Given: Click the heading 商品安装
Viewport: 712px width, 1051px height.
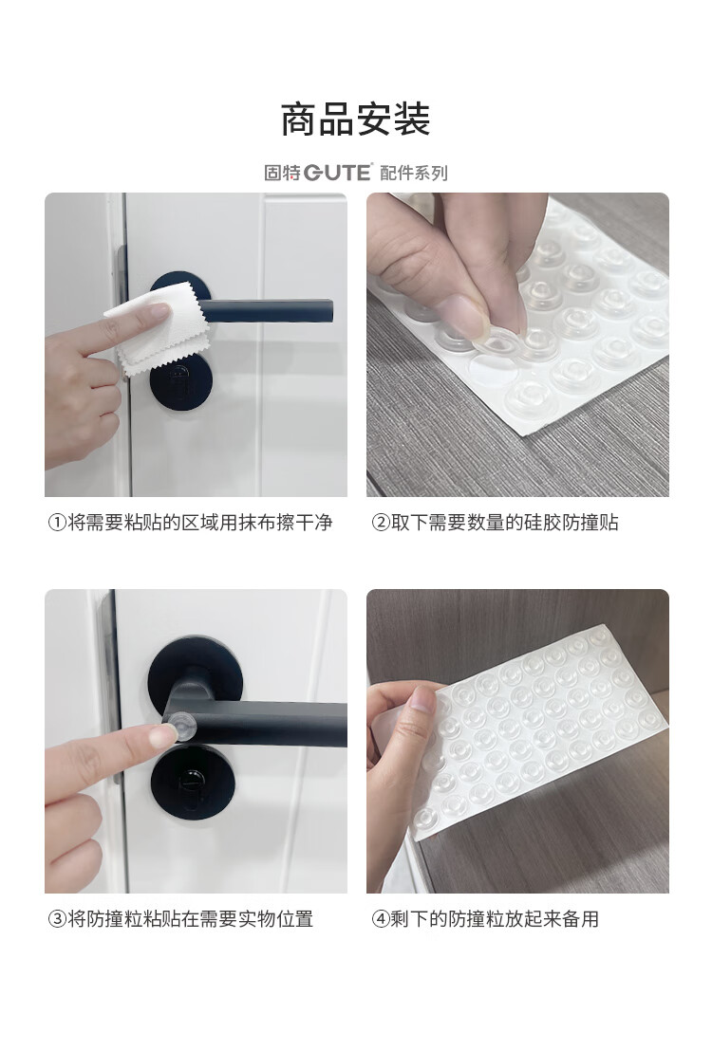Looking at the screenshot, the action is click(x=356, y=120).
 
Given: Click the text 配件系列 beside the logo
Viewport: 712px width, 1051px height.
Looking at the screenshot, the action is click(x=413, y=173).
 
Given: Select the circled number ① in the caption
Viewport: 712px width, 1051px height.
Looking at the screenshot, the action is click(x=58, y=523).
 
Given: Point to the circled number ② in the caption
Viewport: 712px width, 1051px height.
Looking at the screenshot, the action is click(x=381, y=523).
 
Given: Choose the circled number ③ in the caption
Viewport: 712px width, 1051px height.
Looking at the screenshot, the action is click(x=58, y=919).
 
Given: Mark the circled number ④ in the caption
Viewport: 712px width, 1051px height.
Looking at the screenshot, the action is click(x=381, y=919).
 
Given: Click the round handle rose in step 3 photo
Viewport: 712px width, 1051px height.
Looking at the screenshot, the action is click(x=195, y=675).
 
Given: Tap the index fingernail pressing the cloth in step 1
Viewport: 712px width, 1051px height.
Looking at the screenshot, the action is click(x=159, y=312).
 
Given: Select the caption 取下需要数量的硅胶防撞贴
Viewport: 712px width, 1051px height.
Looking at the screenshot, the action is click(x=505, y=523).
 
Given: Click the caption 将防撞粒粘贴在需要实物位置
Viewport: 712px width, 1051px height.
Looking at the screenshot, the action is click(x=191, y=919).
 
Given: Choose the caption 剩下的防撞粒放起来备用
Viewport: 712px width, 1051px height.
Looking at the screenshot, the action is click(x=495, y=919).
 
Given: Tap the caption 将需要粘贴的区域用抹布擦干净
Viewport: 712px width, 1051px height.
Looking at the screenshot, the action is click(x=200, y=523).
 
